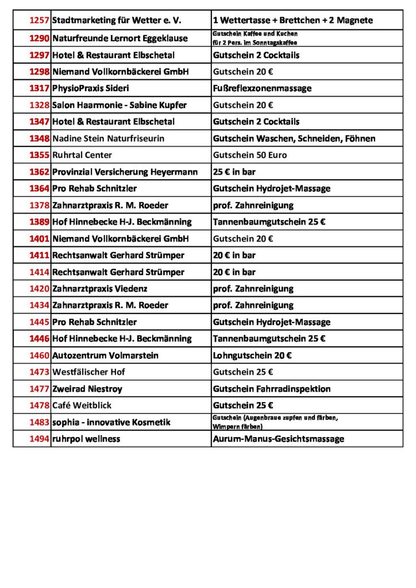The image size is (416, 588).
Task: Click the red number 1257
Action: pyautogui.click(x=39, y=20)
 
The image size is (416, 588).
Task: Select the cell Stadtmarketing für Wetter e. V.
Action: pyautogui.click(x=117, y=20)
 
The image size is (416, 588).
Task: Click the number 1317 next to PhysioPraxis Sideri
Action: pyautogui.click(x=39, y=88)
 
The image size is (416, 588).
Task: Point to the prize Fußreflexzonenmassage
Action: pyautogui.click(x=262, y=88)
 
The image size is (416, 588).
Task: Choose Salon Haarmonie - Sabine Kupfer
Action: pyautogui.click(x=120, y=105)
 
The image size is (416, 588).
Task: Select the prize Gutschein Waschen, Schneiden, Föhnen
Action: pyautogui.click(x=294, y=138)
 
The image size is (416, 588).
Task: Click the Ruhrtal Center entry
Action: pyautogui.click(x=82, y=155)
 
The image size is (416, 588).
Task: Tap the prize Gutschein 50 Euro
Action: pyautogui.click(x=250, y=155)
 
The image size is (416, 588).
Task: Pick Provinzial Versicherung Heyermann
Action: pyautogui.click(x=125, y=172)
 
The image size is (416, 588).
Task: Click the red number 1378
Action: pyautogui.click(x=39, y=205)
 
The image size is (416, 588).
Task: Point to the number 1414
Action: pyautogui.click(x=39, y=272)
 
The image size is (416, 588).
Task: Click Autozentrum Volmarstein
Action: pyautogui.click(x=105, y=355)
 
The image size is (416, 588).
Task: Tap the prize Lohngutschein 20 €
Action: pyautogui.click(x=252, y=355)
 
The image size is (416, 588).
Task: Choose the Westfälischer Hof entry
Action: pyautogui.click(x=88, y=372)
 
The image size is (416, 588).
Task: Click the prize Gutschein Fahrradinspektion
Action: pyautogui.click(x=272, y=389)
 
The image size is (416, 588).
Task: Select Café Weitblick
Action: pyautogui.click(x=82, y=405)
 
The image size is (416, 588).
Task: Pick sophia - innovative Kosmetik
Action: pyautogui.click(x=111, y=422)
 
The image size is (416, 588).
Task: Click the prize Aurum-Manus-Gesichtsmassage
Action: pyautogui.click(x=279, y=439)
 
